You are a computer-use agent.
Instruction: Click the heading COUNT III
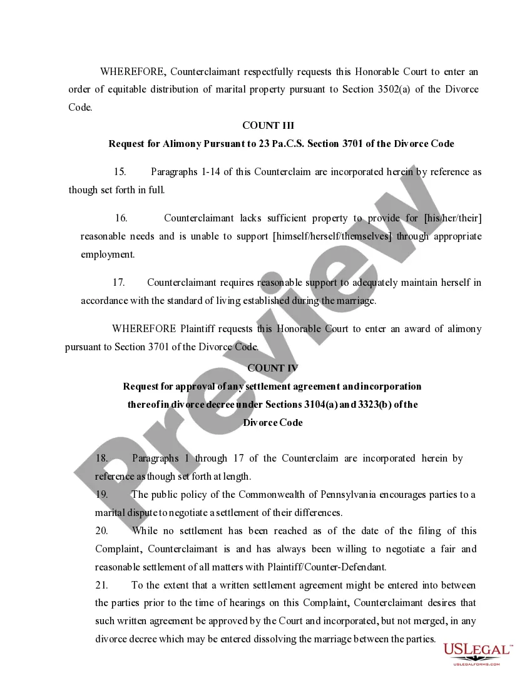pos(268,126)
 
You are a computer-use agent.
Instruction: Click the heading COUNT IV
pos(273,368)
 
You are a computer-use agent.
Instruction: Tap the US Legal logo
pos(478,654)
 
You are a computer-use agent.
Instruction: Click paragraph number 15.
pos(120,172)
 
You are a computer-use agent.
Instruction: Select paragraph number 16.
pos(121,218)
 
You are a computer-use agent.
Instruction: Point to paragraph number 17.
pos(119,283)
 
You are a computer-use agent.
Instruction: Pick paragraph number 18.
pos(102,458)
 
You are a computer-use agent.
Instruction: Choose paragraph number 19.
pos(102,495)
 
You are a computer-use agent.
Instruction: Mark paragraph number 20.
pos(102,531)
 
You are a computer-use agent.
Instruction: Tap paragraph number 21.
pos(102,585)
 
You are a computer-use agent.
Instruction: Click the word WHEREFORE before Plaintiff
pos(144,329)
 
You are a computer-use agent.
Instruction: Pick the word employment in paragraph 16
pos(107,255)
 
